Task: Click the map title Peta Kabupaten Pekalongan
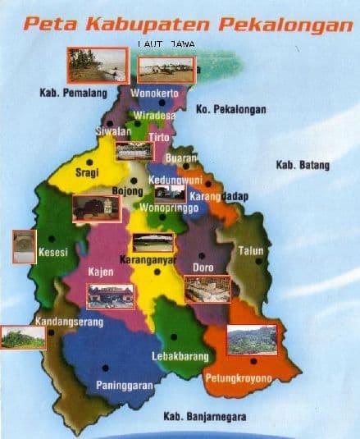coord(188,25)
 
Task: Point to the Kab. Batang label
coord(303,166)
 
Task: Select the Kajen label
coord(100,270)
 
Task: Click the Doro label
coord(203,268)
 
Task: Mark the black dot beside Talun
coord(258,262)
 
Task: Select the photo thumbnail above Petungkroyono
coord(251,339)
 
